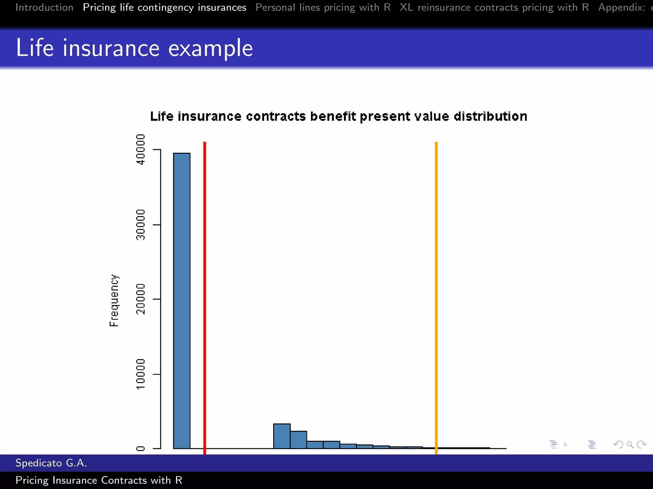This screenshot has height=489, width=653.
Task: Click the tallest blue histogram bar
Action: click(x=182, y=301)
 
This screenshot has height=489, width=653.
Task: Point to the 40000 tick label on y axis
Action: click(x=140, y=149)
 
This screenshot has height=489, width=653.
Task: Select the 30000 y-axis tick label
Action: click(x=140, y=225)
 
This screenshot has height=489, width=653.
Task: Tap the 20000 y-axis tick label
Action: click(x=140, y=299)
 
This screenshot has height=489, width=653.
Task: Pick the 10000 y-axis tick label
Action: click(x=140, y=374)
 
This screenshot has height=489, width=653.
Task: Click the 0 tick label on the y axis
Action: click(x=140, y=449)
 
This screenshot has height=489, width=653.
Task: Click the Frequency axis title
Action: click(x=114, y=301)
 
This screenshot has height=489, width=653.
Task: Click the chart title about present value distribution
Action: click(x=338, y=117)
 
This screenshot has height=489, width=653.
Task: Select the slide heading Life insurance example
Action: click(x=134, y=48)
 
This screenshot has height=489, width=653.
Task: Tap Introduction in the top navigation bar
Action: click(x=44, y=7)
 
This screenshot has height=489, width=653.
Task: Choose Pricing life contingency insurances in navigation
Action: click(x=165, y=7)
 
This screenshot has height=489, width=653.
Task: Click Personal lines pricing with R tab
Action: click(x=323, y=7)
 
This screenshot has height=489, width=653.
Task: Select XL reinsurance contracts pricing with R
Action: click(x=494, y=7)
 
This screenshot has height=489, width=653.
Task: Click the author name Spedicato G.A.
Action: click(x=51, y=463)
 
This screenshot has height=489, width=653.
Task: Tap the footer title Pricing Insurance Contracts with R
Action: click(x=99, y=480)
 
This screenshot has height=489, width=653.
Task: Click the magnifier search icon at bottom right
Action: click(x=630, y=444)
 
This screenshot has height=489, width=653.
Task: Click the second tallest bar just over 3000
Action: click(x=282, y=436)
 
